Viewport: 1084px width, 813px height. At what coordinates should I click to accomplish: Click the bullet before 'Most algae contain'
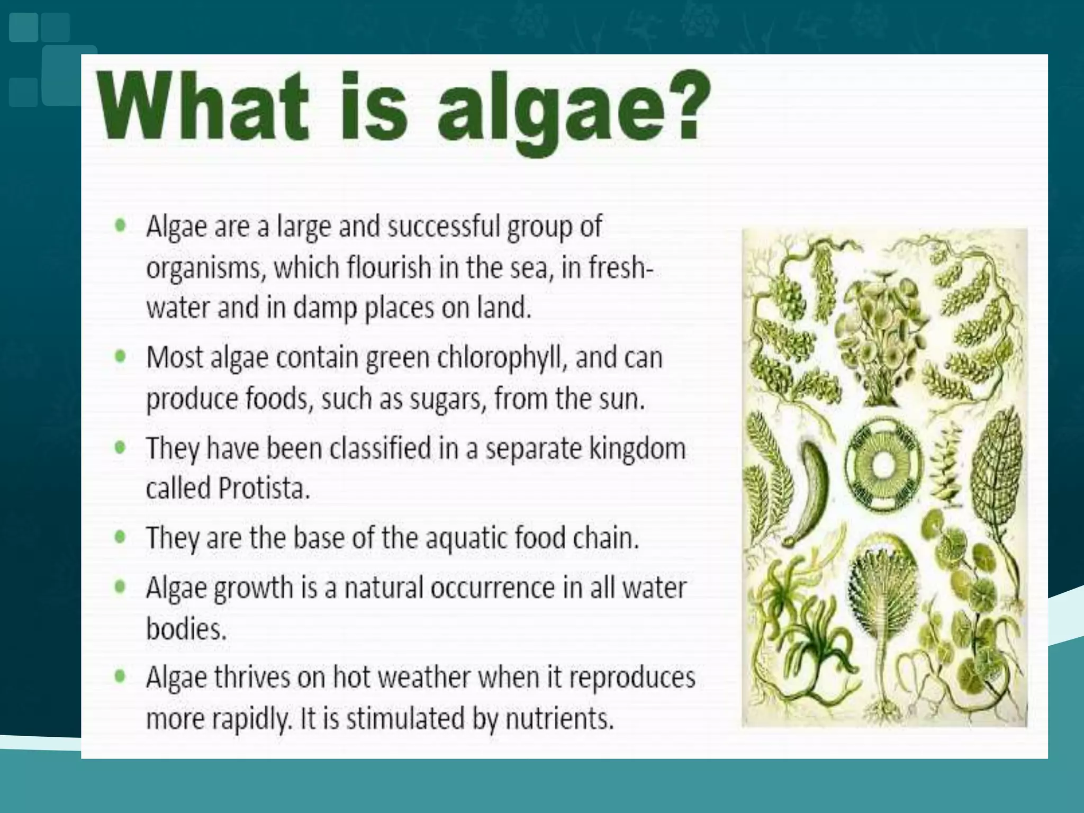coord(121,356)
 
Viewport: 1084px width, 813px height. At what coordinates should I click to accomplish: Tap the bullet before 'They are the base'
coord(121,537)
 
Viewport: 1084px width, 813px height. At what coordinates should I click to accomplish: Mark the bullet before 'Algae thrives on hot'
coord(121,676)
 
